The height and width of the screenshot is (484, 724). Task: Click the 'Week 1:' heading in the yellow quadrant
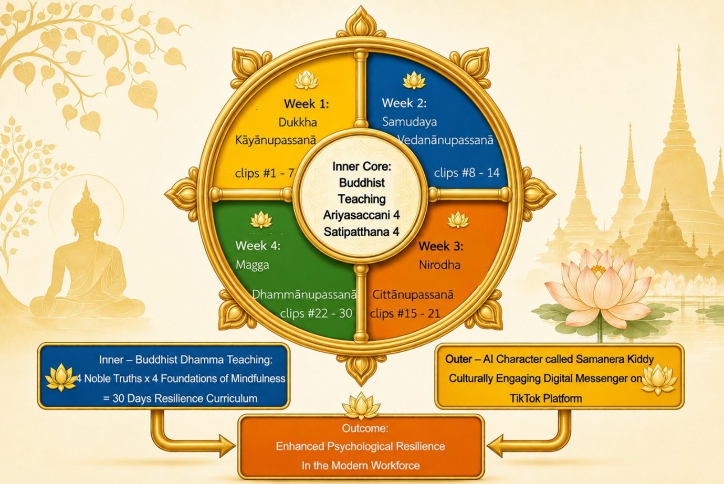coord(307,104)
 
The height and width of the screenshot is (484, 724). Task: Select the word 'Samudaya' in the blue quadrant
coord(410,122)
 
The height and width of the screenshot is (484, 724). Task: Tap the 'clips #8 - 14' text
coord(467,173)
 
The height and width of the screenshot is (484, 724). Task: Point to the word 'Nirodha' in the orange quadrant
coord(439,265)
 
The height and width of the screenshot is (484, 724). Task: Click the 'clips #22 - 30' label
coord(316,313)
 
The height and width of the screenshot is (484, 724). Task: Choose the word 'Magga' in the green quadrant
coord(253,265)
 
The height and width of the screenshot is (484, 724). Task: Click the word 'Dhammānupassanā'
coord(304,294)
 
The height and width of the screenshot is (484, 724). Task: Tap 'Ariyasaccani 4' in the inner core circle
coord(361,215)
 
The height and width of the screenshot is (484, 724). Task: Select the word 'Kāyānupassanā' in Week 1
coord(276,140)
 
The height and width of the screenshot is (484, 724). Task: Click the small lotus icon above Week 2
coord(414,80)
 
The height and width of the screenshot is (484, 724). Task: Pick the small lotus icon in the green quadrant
coord(261,220)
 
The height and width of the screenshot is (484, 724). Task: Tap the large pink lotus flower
coord(599,289)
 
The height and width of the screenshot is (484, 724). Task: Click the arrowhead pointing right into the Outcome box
coord(227,446)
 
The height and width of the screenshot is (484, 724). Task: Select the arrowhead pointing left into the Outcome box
coord(495,446)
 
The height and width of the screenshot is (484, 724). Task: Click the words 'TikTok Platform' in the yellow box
coord(546,398)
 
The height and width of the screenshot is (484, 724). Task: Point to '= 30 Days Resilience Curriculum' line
coord(180,398)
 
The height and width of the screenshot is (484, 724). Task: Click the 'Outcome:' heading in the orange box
coord(365,428)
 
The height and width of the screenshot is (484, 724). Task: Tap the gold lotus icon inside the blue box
coord(61,377)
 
